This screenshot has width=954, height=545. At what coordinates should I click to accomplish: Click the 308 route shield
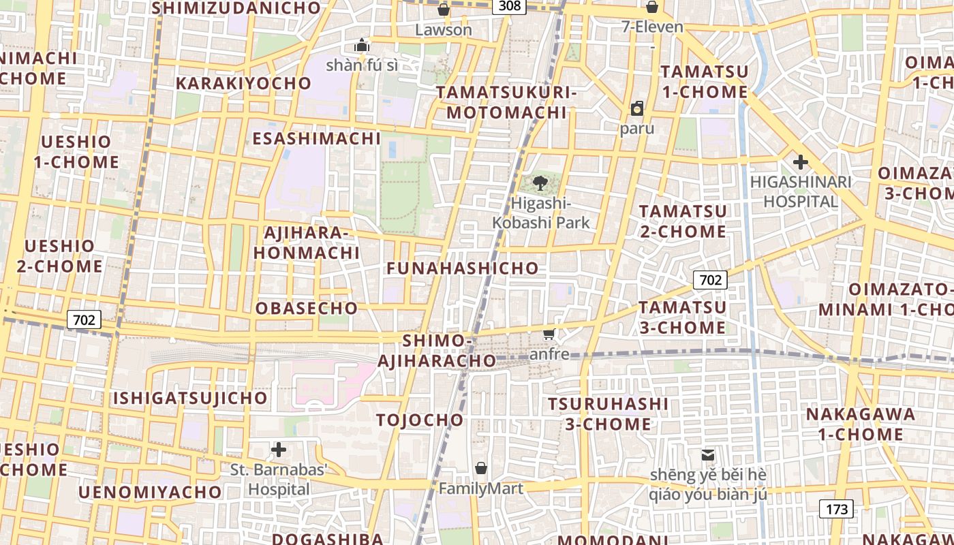510,6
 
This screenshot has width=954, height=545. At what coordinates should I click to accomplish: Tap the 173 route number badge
836,509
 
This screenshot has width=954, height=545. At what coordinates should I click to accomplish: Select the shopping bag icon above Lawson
444,10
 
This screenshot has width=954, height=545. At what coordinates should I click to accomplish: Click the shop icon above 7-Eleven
652,7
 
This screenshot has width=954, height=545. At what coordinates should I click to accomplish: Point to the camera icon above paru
637,108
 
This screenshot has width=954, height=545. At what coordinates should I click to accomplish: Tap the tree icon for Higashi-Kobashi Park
541,183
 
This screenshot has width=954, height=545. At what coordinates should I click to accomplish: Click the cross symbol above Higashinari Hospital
800,162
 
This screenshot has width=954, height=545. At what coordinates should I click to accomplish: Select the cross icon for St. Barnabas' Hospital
278,450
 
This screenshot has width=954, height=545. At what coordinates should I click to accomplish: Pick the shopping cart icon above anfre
549,334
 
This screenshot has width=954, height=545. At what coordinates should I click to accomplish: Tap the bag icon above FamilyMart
481,468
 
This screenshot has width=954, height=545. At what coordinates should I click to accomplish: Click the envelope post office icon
709,454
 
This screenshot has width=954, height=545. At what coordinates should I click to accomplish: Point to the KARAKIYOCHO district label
243,83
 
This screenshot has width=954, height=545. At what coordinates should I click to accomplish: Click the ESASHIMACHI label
316,138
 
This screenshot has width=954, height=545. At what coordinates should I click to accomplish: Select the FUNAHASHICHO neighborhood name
462,268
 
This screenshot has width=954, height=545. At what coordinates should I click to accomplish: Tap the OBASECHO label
307,308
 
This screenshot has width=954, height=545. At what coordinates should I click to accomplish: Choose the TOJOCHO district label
420,420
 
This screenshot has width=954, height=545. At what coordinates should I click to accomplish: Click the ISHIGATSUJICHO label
190,398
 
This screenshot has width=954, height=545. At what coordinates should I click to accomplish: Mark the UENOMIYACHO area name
149,492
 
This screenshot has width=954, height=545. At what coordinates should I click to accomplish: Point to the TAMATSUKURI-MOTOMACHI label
506,102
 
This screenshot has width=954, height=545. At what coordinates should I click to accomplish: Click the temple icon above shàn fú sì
361,46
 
